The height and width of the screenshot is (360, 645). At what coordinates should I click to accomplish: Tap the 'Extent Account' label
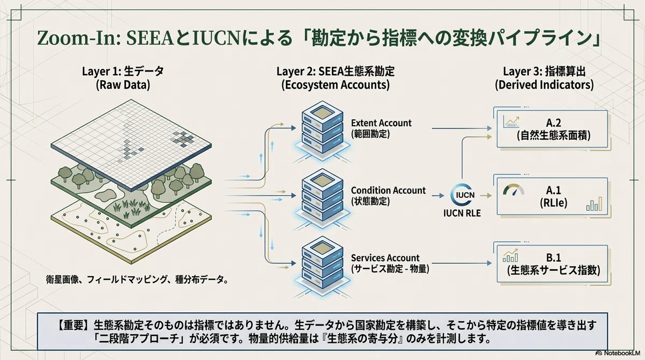381,123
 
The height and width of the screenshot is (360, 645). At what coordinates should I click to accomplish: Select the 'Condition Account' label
388,191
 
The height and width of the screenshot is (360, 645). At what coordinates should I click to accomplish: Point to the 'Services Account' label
385,258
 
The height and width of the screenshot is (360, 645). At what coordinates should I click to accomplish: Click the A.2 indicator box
553,128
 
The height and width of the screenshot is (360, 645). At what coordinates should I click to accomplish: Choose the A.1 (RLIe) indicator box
553,196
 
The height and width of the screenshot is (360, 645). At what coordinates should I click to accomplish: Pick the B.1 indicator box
553,264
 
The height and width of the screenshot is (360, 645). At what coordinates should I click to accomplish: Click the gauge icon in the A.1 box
513,189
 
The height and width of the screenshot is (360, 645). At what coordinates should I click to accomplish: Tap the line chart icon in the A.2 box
511,122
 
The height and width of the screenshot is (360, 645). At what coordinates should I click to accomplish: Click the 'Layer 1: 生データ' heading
123,71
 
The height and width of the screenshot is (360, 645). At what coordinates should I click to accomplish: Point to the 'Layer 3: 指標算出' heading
544,71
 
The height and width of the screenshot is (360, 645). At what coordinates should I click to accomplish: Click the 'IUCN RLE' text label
462,213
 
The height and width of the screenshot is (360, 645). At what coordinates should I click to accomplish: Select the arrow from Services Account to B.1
462,263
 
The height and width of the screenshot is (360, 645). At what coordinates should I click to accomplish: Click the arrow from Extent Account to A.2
462,128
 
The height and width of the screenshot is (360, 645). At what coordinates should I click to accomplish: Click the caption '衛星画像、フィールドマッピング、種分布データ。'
137,279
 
